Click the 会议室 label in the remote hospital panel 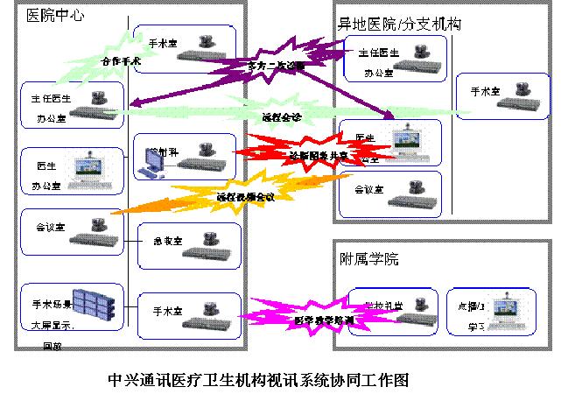367,188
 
